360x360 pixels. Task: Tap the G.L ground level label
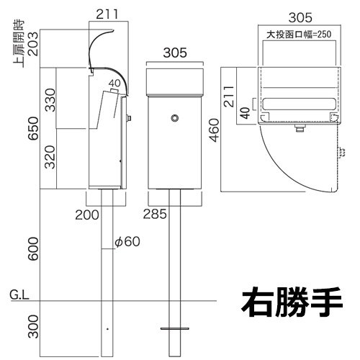(19, 295)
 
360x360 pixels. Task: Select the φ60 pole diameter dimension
(127, 241)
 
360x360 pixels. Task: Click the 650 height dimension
(33, 128)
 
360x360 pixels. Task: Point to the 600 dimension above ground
(33, 249)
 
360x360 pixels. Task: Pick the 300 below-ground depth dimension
(33, 327)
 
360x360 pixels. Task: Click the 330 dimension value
(50, 100)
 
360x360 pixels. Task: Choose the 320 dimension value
(50, 157)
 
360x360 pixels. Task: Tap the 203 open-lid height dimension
(33, 44)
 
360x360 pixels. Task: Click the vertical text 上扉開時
(19, 44)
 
